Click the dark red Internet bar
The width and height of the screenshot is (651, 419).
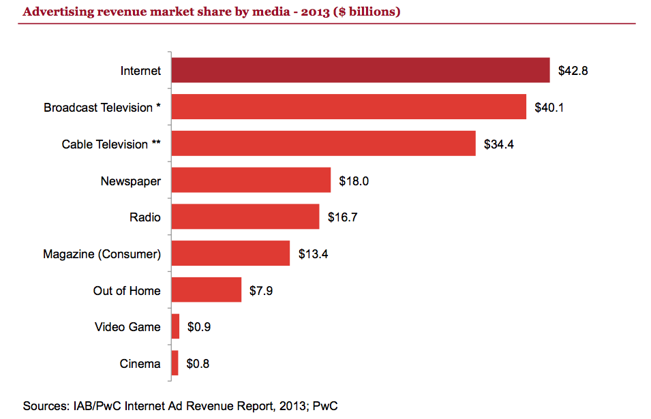click(360, 70)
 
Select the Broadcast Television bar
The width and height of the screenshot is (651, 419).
click(348, 107)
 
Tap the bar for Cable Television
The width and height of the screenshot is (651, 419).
click(323, 144)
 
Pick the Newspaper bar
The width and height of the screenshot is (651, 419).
click(251, 181)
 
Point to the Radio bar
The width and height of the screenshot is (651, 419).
click(245, 217)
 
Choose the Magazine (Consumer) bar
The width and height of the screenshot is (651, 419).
click(230, 253)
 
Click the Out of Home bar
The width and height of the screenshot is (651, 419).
click(206, 290)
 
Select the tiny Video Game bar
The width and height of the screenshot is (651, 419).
click(175, 326)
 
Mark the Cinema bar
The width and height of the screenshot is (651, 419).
click(175, 363)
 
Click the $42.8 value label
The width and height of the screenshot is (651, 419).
click(573, 71)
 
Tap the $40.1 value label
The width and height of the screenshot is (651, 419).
click(549, 108)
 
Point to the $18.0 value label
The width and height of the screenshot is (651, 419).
click(354, 181)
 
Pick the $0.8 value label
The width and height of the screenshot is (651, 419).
click(198, 364)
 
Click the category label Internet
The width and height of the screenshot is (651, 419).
click(140, 71)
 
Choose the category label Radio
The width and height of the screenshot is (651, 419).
click(145, 217)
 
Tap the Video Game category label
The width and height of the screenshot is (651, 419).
click(127, 327)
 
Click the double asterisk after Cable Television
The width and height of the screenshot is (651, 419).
click(156, 143)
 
